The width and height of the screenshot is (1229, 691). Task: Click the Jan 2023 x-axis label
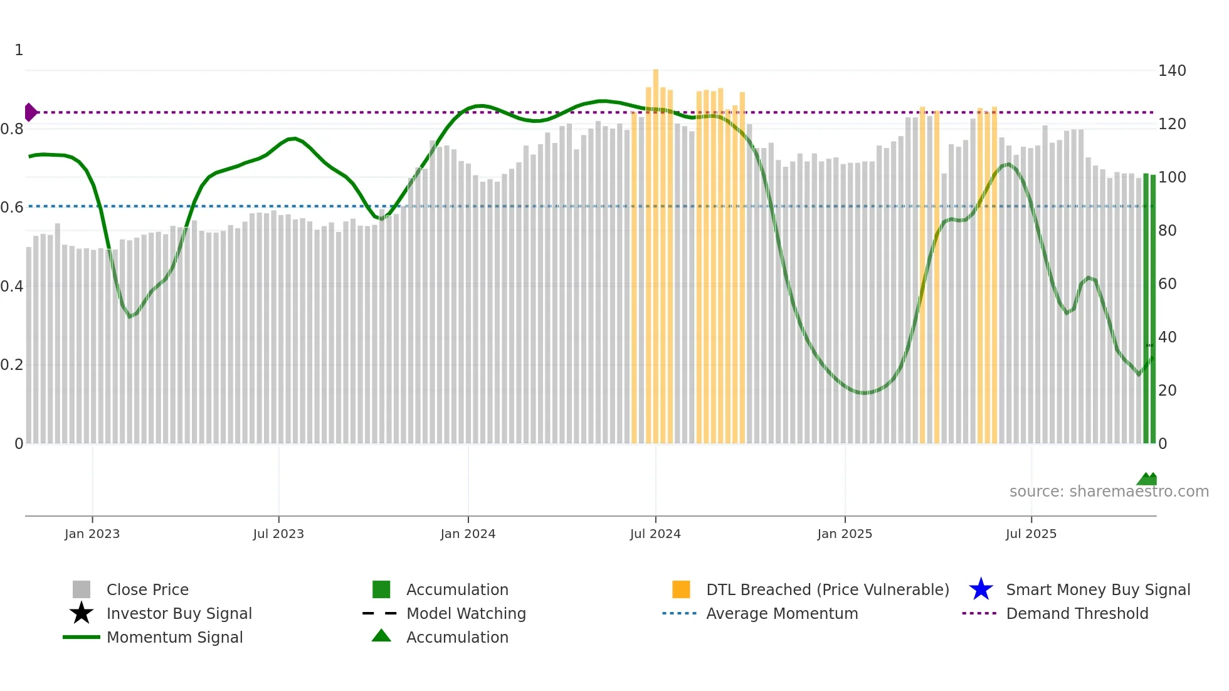tap(92, 534)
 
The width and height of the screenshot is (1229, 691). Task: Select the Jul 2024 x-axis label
tap(655, 534)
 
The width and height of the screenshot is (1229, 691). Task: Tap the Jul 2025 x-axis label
tap(1031, 534)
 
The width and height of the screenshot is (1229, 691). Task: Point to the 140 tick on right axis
tap(1171, 71)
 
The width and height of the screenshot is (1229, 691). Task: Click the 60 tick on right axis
tap(1167, 284)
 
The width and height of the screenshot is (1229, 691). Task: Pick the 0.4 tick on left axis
tap(12, 287)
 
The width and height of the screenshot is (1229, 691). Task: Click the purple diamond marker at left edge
tap(30, 112)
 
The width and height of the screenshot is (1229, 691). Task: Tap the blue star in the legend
tap(981, 589)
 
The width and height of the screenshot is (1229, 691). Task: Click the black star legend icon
tap(82, 613)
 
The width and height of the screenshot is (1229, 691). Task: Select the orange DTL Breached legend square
tap(681, 589)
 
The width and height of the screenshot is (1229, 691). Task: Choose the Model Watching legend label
tap(466, 613)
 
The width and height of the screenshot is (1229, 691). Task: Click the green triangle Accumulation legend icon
tap(381, 636)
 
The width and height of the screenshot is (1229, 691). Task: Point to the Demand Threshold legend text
tap(1077, 613)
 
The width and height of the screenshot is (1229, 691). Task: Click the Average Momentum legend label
tap(782, 613)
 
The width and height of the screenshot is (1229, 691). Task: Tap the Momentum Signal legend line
tap(82, 637)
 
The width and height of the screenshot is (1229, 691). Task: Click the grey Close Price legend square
tap(82, 589)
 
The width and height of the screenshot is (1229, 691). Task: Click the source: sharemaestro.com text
tap(1109, 491)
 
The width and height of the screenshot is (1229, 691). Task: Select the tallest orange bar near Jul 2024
tap(656, 251)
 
